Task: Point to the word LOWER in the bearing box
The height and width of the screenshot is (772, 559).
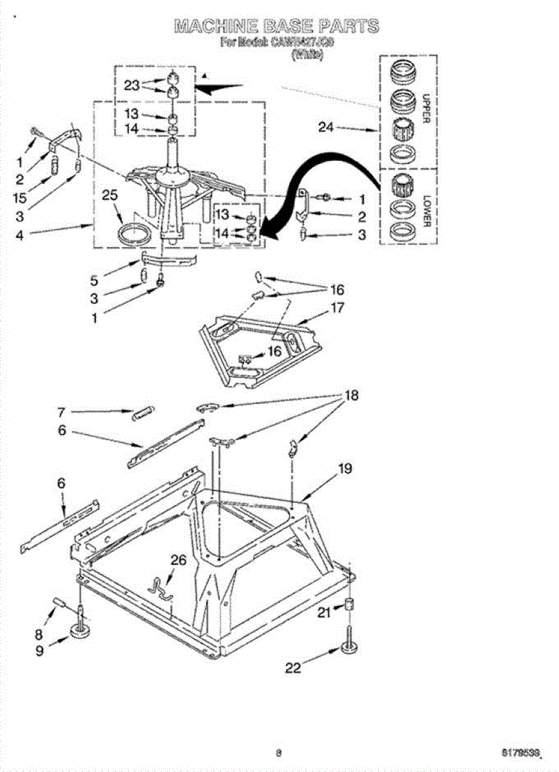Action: coord(426,212)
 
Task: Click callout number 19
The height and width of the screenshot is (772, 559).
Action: coord(345,468)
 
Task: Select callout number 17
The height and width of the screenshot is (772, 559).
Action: coord(337,308)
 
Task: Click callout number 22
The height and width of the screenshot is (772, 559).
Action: coord(293,668)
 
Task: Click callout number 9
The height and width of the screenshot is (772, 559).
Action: coord(40,650)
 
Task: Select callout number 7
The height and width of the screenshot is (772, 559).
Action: coord(61,412)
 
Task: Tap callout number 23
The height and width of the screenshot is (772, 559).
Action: coord(131,85)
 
